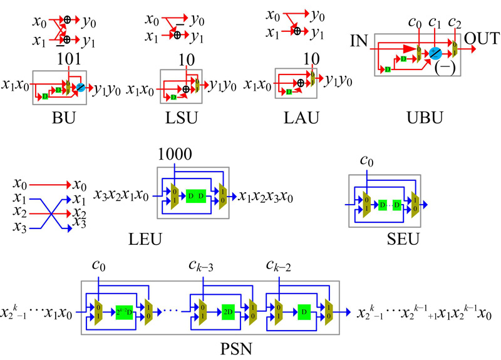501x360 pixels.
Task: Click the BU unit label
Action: (x=65, y=116)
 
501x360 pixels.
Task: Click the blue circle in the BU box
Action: (x=80, y=88)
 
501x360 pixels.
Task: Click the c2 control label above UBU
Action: (x=456, y=24)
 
